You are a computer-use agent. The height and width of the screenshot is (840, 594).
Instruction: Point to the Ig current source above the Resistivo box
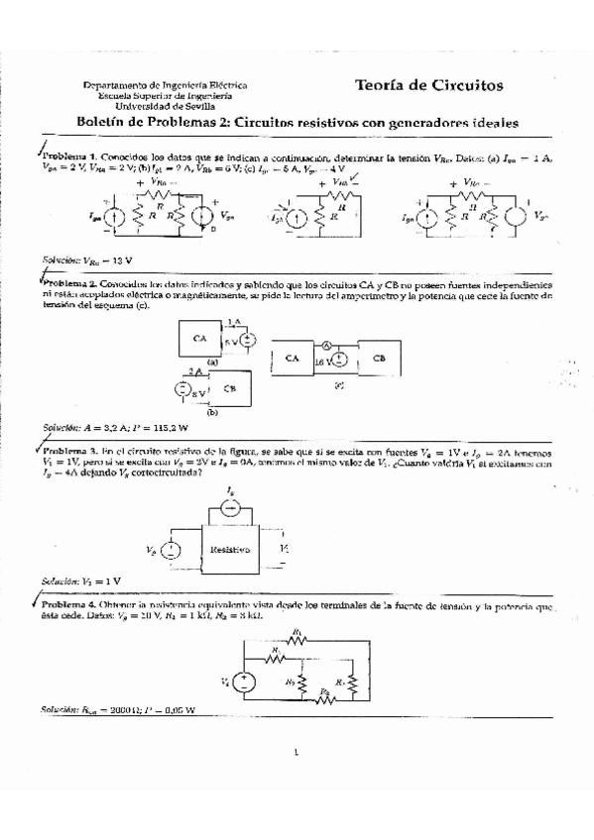pyautogui.click(x=230, y=507)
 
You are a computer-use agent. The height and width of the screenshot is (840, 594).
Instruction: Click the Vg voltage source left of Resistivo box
pyautogui.click(x=173, y=548)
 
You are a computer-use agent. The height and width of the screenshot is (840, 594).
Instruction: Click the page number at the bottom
pyautogui.click(x=297, y=763)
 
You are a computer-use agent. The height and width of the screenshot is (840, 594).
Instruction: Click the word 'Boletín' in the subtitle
pyautogui.click(x=100, y=123)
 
